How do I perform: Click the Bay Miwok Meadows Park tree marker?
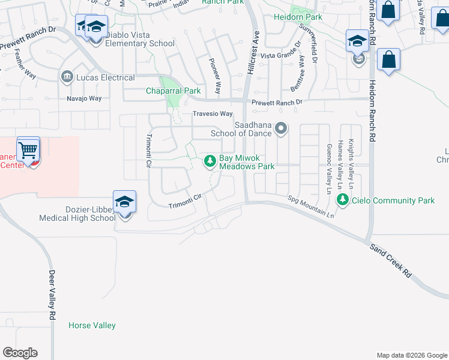coord(210,161)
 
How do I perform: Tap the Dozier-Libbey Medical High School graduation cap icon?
coord(124,202)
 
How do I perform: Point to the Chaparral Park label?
coord(173,91)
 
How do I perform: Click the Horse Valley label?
coord(92,325)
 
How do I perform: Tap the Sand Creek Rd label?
coord(390,260)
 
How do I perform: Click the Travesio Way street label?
coord(212,114)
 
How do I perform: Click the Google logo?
coord(20,353)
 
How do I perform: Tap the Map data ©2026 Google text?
coord(411,355)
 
